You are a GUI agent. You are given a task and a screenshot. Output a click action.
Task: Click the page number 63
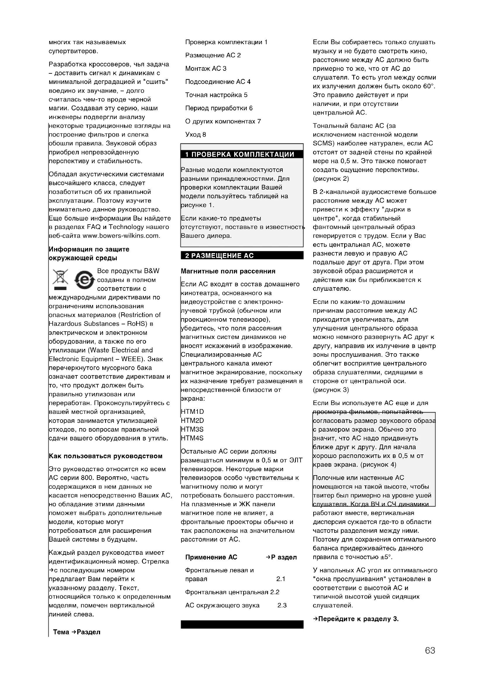pyautogui.click(x=430, y=650)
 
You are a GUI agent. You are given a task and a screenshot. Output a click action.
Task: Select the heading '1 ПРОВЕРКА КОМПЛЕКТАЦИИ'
pyautogui.click(x=240, y=154)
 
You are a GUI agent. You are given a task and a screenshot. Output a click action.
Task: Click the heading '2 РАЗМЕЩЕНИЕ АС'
pyautogui.click(x=219, y=256)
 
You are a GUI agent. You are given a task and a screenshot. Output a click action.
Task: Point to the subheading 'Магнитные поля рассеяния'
pyautogui.click(x=228, y=271)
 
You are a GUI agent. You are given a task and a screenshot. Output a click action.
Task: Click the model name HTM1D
pyautogui.click(x=193, y=412)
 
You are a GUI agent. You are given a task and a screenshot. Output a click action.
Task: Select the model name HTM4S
pyautogui.click(x=192, y=438)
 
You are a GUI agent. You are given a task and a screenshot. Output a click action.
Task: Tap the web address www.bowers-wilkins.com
pyautogui.click(x=121, y=236)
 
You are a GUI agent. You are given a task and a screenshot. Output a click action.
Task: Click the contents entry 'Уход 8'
pyautogui.click(x=195, y=134)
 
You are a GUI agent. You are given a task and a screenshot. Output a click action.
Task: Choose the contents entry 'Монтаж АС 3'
pyautogui.click(x=206, y=68)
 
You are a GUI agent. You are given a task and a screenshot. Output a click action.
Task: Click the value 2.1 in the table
pyautogui.click(x=281, y=579)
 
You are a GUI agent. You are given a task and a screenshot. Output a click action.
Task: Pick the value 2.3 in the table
pyautogui.click(x=282, y=605)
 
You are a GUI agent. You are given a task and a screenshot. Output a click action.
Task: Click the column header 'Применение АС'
pyautogui.click(x=211, y=557)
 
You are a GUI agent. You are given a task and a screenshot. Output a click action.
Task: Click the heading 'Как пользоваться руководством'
pyautogui.click(x=106, y=456)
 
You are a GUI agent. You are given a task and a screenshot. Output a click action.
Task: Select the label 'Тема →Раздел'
pyautogui.click(x=77, y=632)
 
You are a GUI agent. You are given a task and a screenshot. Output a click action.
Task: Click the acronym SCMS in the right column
pyautogui.click(x=323, y=143)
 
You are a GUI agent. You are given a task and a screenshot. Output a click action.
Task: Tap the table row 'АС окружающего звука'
pyautogui.click(x=222, y=605)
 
